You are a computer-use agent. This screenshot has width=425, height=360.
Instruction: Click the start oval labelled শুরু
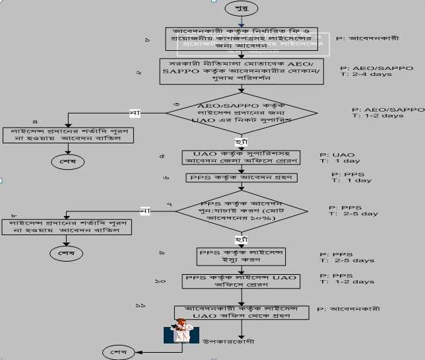point(238,9)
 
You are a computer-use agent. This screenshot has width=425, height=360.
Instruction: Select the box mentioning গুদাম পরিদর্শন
point(242,71)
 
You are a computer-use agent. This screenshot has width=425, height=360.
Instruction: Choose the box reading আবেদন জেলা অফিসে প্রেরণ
point(241,158)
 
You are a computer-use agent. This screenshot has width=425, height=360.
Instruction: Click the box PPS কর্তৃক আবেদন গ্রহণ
point(241,178)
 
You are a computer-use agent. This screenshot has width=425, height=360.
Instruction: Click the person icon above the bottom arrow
point(181,332)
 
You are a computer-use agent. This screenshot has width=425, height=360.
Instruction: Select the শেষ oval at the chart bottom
point(118,351)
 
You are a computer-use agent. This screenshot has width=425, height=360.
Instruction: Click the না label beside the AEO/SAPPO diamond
point(135,113)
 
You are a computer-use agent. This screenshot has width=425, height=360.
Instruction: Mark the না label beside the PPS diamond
point(145,211)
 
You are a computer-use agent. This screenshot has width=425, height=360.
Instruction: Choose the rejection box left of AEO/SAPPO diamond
point(69,135)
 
